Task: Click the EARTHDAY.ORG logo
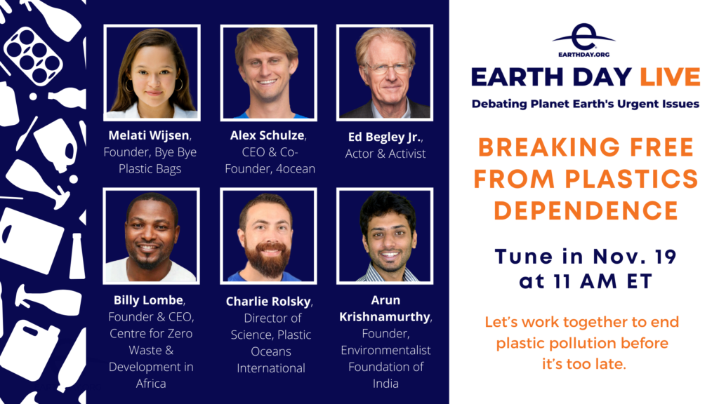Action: (583, 40)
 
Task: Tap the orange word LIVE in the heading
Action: (670, 77)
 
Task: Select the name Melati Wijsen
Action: (149, 135)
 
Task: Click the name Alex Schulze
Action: (268, 135)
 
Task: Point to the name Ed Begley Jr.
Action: (384, 137)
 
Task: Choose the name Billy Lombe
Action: (149, 300)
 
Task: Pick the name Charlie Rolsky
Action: (268, 302)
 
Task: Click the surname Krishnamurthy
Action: (385, 317)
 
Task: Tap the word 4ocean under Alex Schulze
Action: (296, 168)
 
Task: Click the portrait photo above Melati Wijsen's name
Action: (152, 72)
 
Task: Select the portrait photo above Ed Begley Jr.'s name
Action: (385, 72)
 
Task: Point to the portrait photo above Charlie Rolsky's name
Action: (268, 236)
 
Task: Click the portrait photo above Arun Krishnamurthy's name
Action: (385, 236)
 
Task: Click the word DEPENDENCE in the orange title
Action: (586, 210)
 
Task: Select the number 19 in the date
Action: (665, 257)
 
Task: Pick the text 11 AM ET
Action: (602, 281)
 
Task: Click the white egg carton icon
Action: (33, 56)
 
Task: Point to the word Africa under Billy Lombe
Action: (151, 384)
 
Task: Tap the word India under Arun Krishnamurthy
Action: (385, 384)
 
